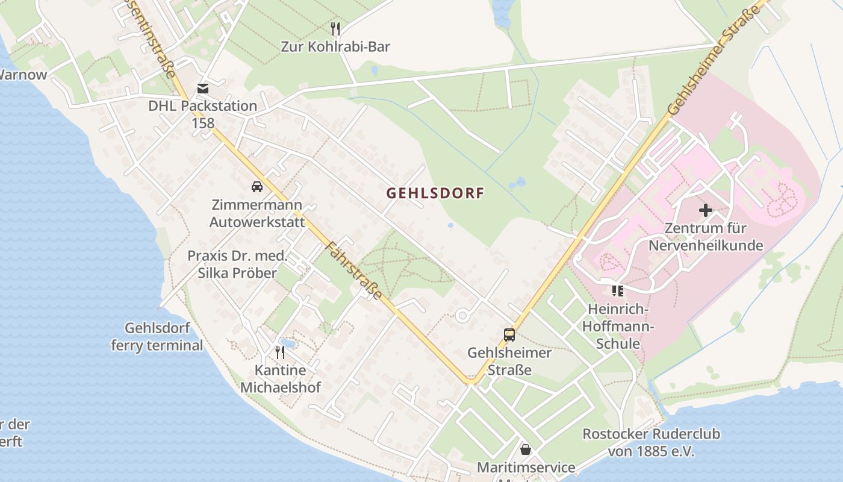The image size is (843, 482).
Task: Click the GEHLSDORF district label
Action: click(435, 193)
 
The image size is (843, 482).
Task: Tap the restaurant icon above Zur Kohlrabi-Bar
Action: click(335, 28)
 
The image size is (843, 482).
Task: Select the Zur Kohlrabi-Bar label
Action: click(335, 46)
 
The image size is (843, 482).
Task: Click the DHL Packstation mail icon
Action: click(203, 89)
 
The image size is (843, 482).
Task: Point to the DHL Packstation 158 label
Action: click(203, 114)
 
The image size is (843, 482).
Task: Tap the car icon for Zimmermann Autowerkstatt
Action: click(257, 187)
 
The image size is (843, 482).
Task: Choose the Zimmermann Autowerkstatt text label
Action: click(257, 213)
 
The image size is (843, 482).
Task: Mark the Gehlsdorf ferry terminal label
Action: click(157, 337)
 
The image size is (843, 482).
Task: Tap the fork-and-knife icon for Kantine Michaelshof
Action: click(280, 352)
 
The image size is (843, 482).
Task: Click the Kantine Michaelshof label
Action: click(281, 378)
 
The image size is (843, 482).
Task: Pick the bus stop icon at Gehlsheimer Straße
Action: click(509, 335)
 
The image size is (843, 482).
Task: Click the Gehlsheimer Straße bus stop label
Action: click(509, 361)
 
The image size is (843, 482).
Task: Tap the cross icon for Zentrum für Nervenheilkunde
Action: click(705, 210)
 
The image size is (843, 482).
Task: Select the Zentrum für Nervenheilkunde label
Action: click(705, 237)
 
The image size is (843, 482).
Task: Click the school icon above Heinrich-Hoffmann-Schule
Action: click(617, 292)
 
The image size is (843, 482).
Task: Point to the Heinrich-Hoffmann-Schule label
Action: click(618, 326)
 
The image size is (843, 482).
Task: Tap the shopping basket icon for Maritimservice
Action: click(526, 449)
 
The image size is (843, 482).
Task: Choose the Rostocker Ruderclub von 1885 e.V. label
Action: click(651, 442)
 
